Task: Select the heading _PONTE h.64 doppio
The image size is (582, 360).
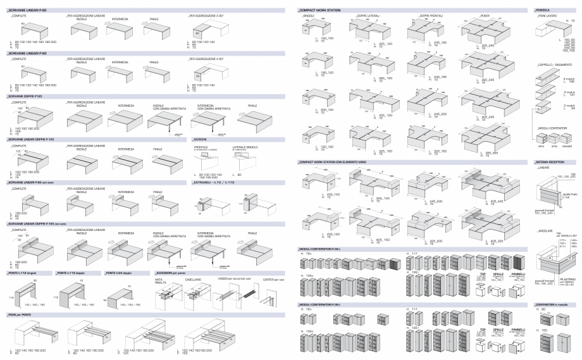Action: tap(120, 271)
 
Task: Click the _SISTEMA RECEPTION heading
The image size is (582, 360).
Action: tap(548, 162)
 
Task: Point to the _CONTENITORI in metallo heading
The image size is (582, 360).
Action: tap(550, 305)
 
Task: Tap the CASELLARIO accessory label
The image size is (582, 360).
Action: tap(193, 278)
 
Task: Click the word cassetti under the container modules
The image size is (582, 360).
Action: tap(567, 146)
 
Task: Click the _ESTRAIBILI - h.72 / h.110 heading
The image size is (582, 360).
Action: tap(215, 182)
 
